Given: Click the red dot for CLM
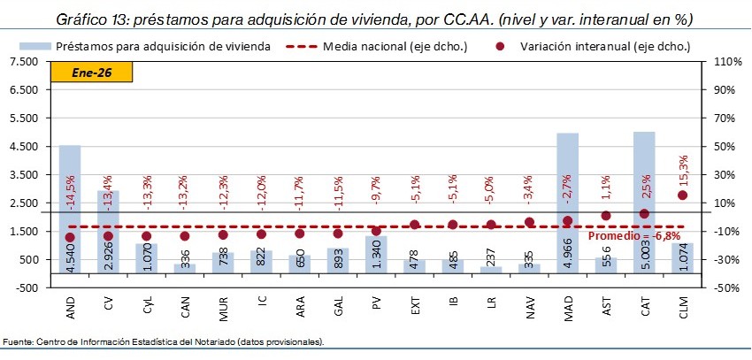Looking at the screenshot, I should (682, 195).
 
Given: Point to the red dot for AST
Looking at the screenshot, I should (606, 216).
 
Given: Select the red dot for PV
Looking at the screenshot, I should (376, 231).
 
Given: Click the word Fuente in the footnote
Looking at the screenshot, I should (19, 342).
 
